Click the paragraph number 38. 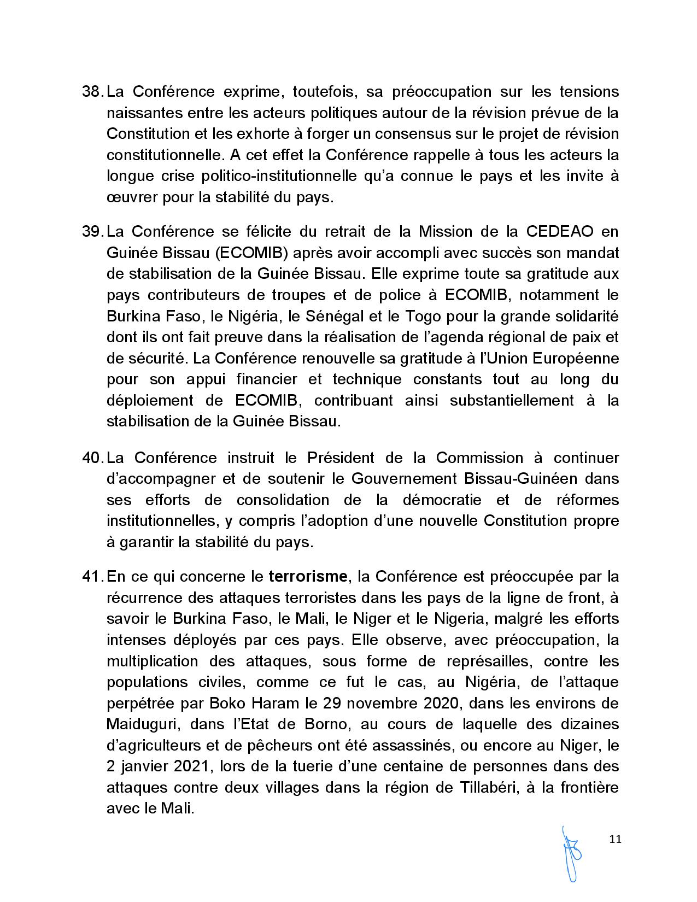(92, 91)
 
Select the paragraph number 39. (92, 231)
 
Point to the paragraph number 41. (92, 576)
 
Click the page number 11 (615, 839)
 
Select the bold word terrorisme (308, 576)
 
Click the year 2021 (191, 766)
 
